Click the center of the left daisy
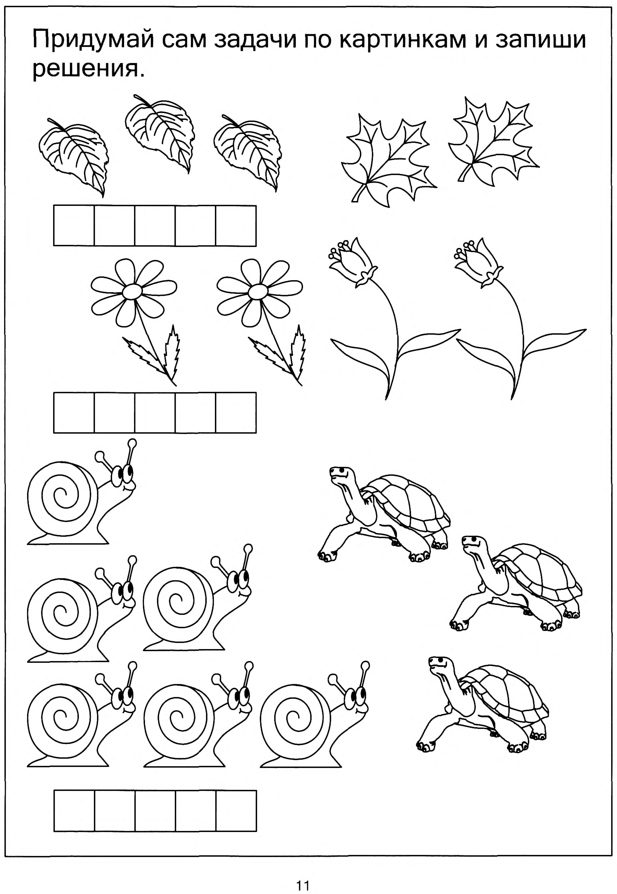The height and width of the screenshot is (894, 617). [x=133, y=291]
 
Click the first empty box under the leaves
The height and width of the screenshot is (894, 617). [x=74, y=226]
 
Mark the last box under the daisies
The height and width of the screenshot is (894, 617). [x=236, y=413]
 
